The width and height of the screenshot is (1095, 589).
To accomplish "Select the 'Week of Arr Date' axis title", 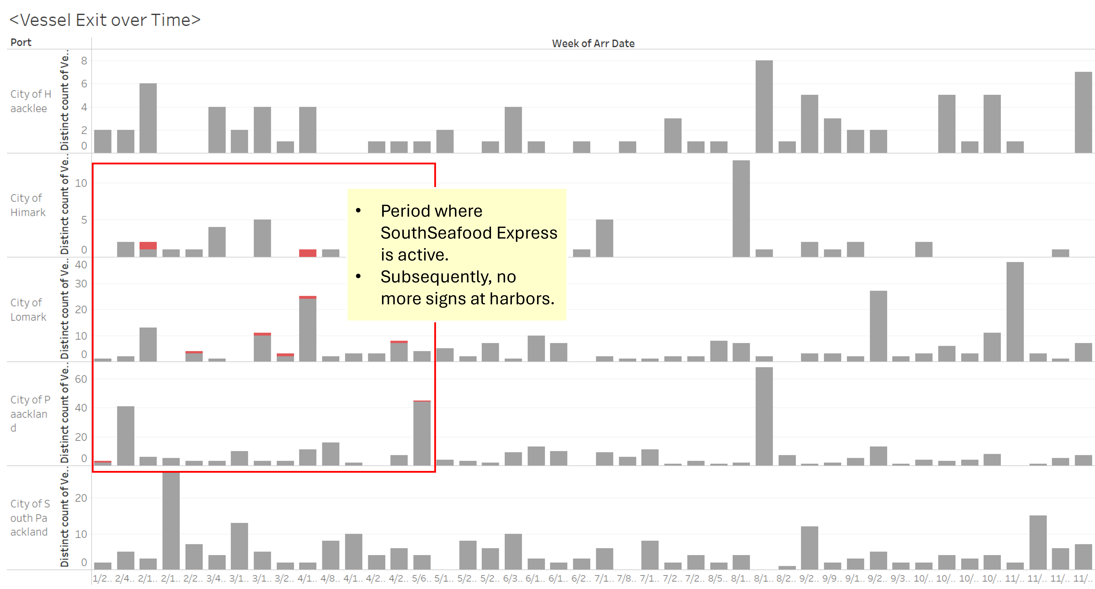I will coord(593,43).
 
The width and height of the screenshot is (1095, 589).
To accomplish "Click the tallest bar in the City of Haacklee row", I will coord(764,106).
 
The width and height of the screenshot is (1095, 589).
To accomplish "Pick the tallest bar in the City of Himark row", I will coord(741,208).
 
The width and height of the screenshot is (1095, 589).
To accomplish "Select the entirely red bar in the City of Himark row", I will coord(307,253).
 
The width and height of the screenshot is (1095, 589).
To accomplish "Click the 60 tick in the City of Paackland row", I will coord(81,379).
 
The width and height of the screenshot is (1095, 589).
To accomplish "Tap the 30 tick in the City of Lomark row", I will coord(81,284).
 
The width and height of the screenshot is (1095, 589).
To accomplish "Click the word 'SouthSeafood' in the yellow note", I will coord(436,233).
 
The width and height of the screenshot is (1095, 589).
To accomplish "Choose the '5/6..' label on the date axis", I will coord(421,579).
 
